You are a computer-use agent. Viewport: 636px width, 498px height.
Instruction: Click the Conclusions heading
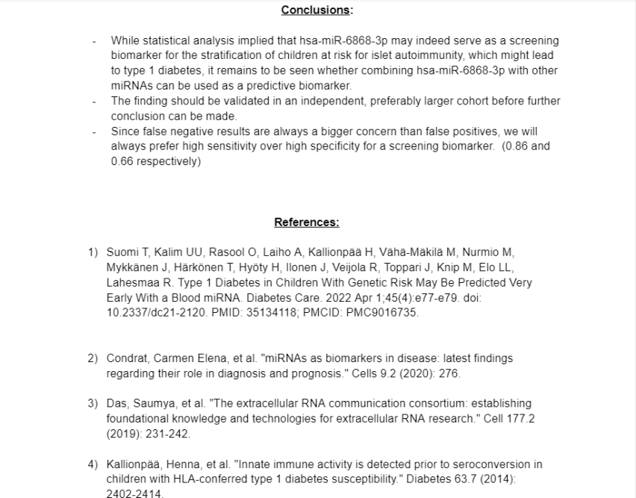(317, 10)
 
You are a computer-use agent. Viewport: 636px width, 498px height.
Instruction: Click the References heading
(306, 222)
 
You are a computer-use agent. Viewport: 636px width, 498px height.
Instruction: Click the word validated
(211, 101)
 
